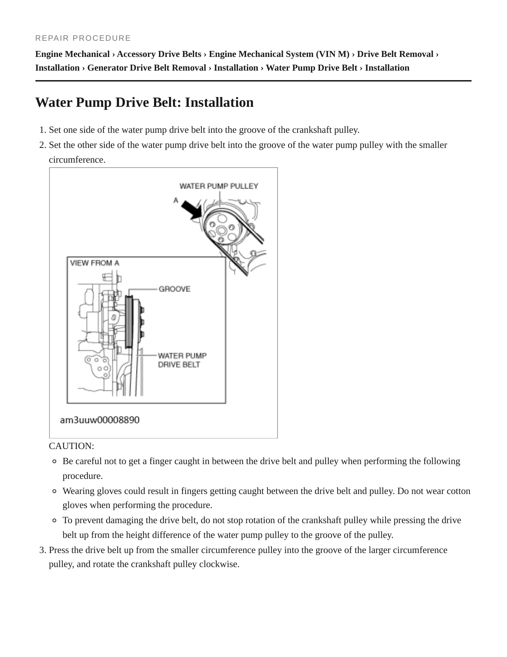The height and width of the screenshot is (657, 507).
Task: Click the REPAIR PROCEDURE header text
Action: point(83,38)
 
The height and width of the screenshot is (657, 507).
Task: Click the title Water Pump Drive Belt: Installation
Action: point(145,103)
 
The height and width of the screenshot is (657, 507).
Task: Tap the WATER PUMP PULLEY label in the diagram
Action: point(219,186)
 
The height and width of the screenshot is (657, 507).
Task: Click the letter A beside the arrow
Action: point(176,200)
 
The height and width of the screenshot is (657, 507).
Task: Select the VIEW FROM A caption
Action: point(95,263)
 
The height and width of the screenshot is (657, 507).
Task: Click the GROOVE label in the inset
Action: point(175,289)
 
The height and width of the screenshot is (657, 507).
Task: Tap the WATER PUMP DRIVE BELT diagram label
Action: point(182,360)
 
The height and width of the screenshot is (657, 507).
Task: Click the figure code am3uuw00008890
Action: point(100,420)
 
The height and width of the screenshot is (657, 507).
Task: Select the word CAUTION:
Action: point(72,446)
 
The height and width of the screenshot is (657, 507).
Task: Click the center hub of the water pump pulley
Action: point(221,230)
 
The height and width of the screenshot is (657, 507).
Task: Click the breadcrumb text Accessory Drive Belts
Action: point(159,54)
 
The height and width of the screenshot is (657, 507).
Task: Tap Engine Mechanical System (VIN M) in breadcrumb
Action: point(279,54)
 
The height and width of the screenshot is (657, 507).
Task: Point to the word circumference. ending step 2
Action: point(77,160)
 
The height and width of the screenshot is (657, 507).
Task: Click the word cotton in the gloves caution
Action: point(459,491)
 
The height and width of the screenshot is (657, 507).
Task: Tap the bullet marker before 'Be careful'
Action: point(54,461)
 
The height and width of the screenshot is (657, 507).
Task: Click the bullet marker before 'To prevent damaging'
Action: point(54,520)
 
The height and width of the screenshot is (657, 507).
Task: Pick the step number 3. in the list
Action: point(43,550)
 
